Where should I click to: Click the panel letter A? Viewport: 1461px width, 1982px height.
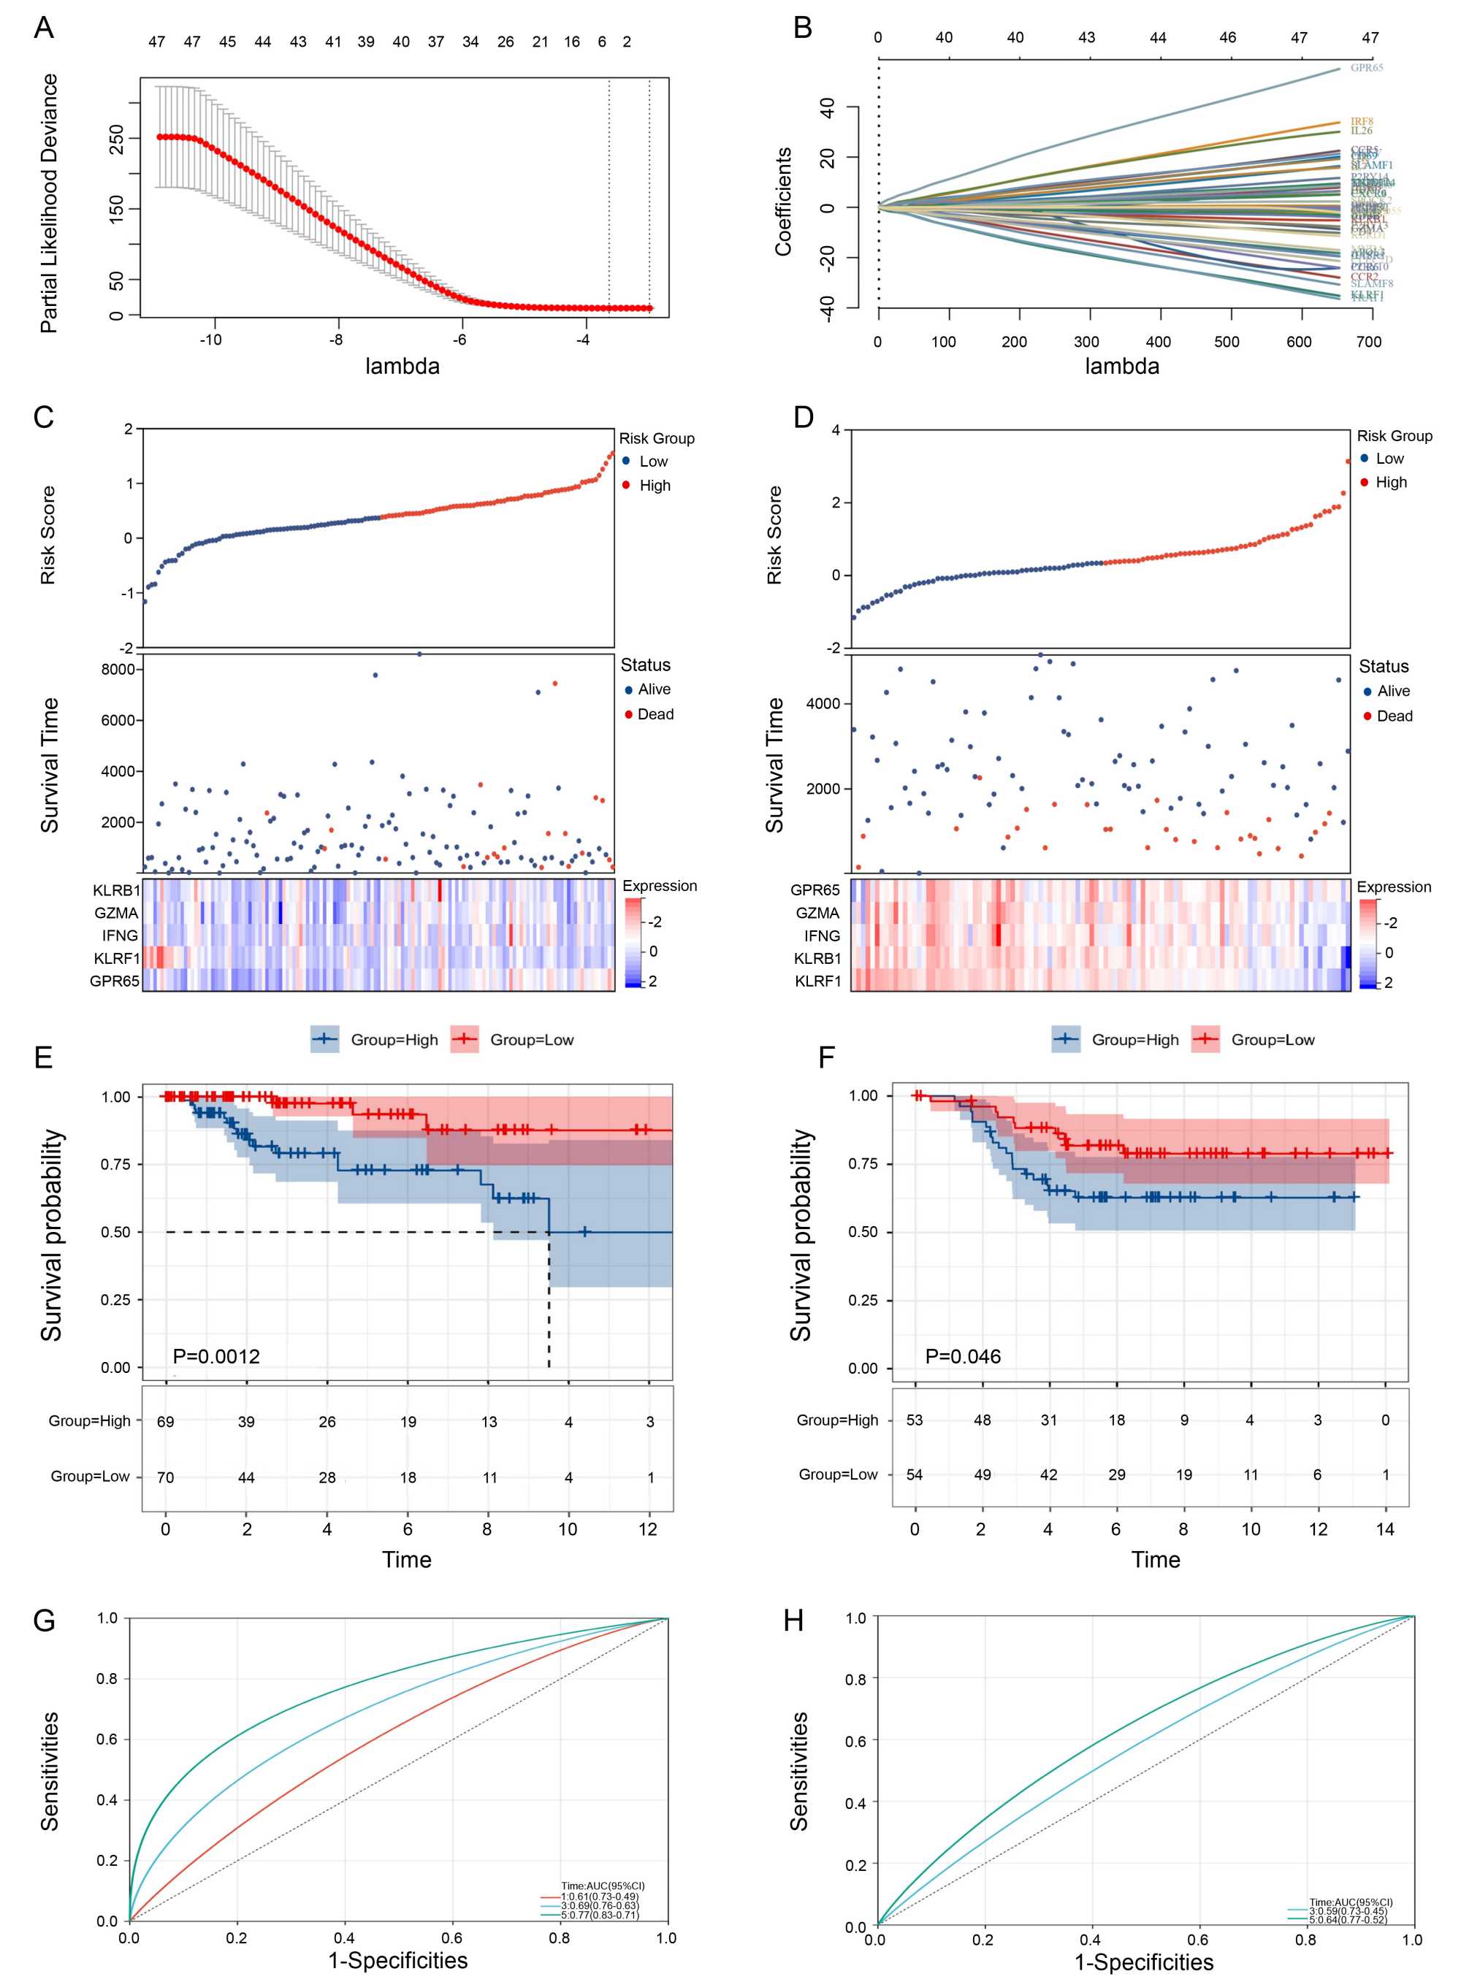tap(43, 28)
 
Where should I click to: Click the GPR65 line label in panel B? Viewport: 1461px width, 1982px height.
tap(1365, 67)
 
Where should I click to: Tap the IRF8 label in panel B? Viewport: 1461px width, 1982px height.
tap(1361, 121)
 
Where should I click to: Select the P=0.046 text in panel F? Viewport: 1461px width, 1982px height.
tap(962, 1356)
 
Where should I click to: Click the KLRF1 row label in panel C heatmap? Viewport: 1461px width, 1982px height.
tap(117, 958)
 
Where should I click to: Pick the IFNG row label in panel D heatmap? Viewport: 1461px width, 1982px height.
tap(822, 935)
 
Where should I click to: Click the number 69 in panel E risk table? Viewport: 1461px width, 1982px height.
tap(165, 1422)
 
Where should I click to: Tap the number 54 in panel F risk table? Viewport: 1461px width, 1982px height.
tap(915, 1474)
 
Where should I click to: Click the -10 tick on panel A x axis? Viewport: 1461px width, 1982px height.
tap(210, 340)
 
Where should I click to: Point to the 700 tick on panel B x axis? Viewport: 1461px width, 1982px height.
tap(1368, 342)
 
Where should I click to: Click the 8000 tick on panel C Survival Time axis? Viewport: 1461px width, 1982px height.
tap(118, 669)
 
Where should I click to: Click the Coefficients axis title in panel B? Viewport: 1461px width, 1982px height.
tap(782, 202)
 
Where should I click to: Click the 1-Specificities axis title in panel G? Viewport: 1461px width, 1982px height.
tap(398, 1960)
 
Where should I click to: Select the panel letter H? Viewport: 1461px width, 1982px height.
tap(793, 1621)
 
